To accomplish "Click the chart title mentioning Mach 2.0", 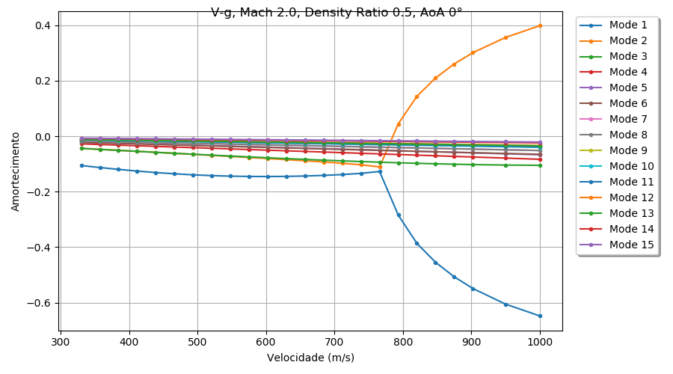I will click(336, 12).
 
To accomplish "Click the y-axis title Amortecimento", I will click(16, 171).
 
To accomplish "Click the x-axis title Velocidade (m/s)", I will click(310, 358).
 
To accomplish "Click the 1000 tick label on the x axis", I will click(540, 342).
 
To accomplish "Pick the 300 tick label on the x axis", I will click(61, 342).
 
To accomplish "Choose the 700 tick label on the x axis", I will click(334, 342).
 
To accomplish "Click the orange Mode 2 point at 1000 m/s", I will click(540, 25).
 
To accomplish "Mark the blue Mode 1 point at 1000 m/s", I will click(540, 316).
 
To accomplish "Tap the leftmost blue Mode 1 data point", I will click(82, 165).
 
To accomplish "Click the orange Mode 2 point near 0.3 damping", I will click(473, 52).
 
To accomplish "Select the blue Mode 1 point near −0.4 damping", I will click(417, 243).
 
